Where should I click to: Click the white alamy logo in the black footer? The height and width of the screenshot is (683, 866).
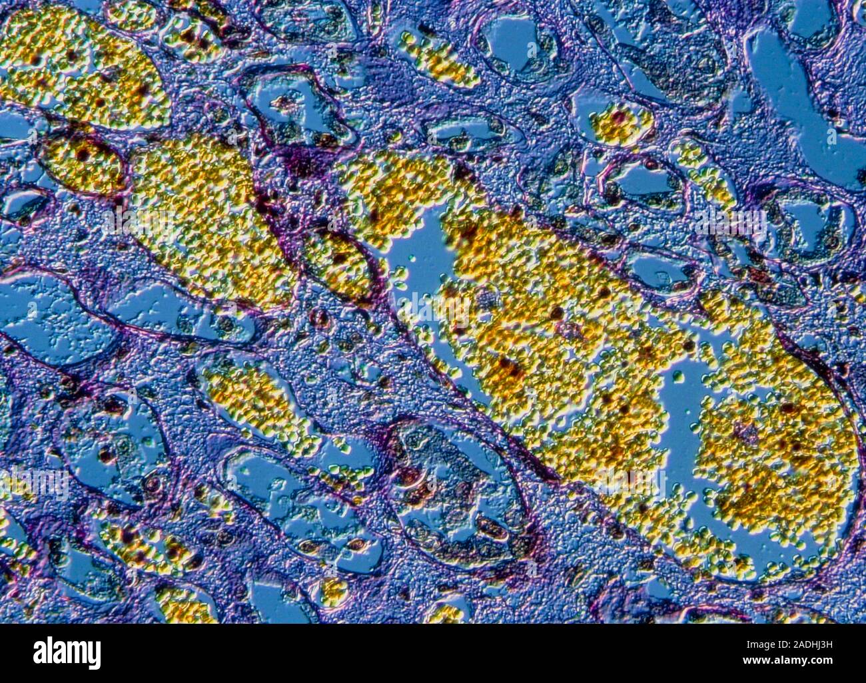click(x=67, y=653)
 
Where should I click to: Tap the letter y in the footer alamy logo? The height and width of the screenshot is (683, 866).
click(x=95, y=656)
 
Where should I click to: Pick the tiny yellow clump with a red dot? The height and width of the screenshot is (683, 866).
click(x=620, y=123)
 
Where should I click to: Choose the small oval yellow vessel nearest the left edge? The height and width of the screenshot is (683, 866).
click(x=83, y=163)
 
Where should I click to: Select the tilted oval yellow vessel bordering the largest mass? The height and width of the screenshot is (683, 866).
click(x=340, y=263)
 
